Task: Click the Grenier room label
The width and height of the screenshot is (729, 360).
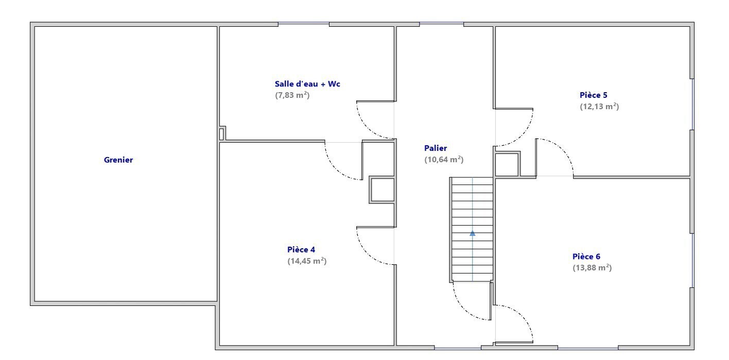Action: click(x=118, y=160)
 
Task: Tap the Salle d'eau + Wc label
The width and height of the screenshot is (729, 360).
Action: click(x=307, y=83)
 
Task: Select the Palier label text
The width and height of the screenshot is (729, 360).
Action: click(x=436, y=148)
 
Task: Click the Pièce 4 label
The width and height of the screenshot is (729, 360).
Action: click(x=301, y=250)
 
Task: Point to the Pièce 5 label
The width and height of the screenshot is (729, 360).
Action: click(x=593, y=95)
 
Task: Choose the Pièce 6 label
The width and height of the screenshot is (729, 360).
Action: click(x=586, y=256)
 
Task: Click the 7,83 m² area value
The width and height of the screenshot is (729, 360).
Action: click(x=292, y=95)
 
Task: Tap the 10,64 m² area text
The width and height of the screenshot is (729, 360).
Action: click(x=444, y=160)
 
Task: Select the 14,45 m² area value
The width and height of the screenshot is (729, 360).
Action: click(x=307, y=261)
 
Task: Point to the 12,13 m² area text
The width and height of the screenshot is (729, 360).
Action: click(x=599, y=107)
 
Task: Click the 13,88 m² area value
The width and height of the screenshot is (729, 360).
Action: click(x=592, y=268)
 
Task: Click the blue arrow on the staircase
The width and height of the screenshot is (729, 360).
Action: click(x=473, y=233)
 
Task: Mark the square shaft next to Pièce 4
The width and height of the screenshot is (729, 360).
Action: click(x=382, y=190)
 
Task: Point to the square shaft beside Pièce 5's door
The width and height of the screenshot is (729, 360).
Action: click(x=507, y=165)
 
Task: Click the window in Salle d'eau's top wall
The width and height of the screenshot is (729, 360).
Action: click(x=304, y=24)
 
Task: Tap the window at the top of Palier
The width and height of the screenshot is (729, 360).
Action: click(x=441, y=24)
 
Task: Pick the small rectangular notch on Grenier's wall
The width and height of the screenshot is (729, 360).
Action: click(x=221, y=134)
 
